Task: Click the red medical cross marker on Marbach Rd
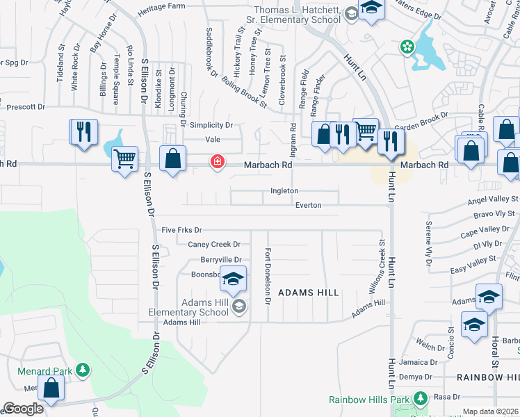218,162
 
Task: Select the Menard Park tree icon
83,369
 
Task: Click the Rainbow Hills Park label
369,400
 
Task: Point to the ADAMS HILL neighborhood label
309,293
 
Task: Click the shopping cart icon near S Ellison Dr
124,159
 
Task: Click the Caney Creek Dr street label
214,245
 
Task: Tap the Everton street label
308,205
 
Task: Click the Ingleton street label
284,190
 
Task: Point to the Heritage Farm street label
161,6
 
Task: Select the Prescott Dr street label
25,107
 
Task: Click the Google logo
23,409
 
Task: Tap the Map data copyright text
490,411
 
